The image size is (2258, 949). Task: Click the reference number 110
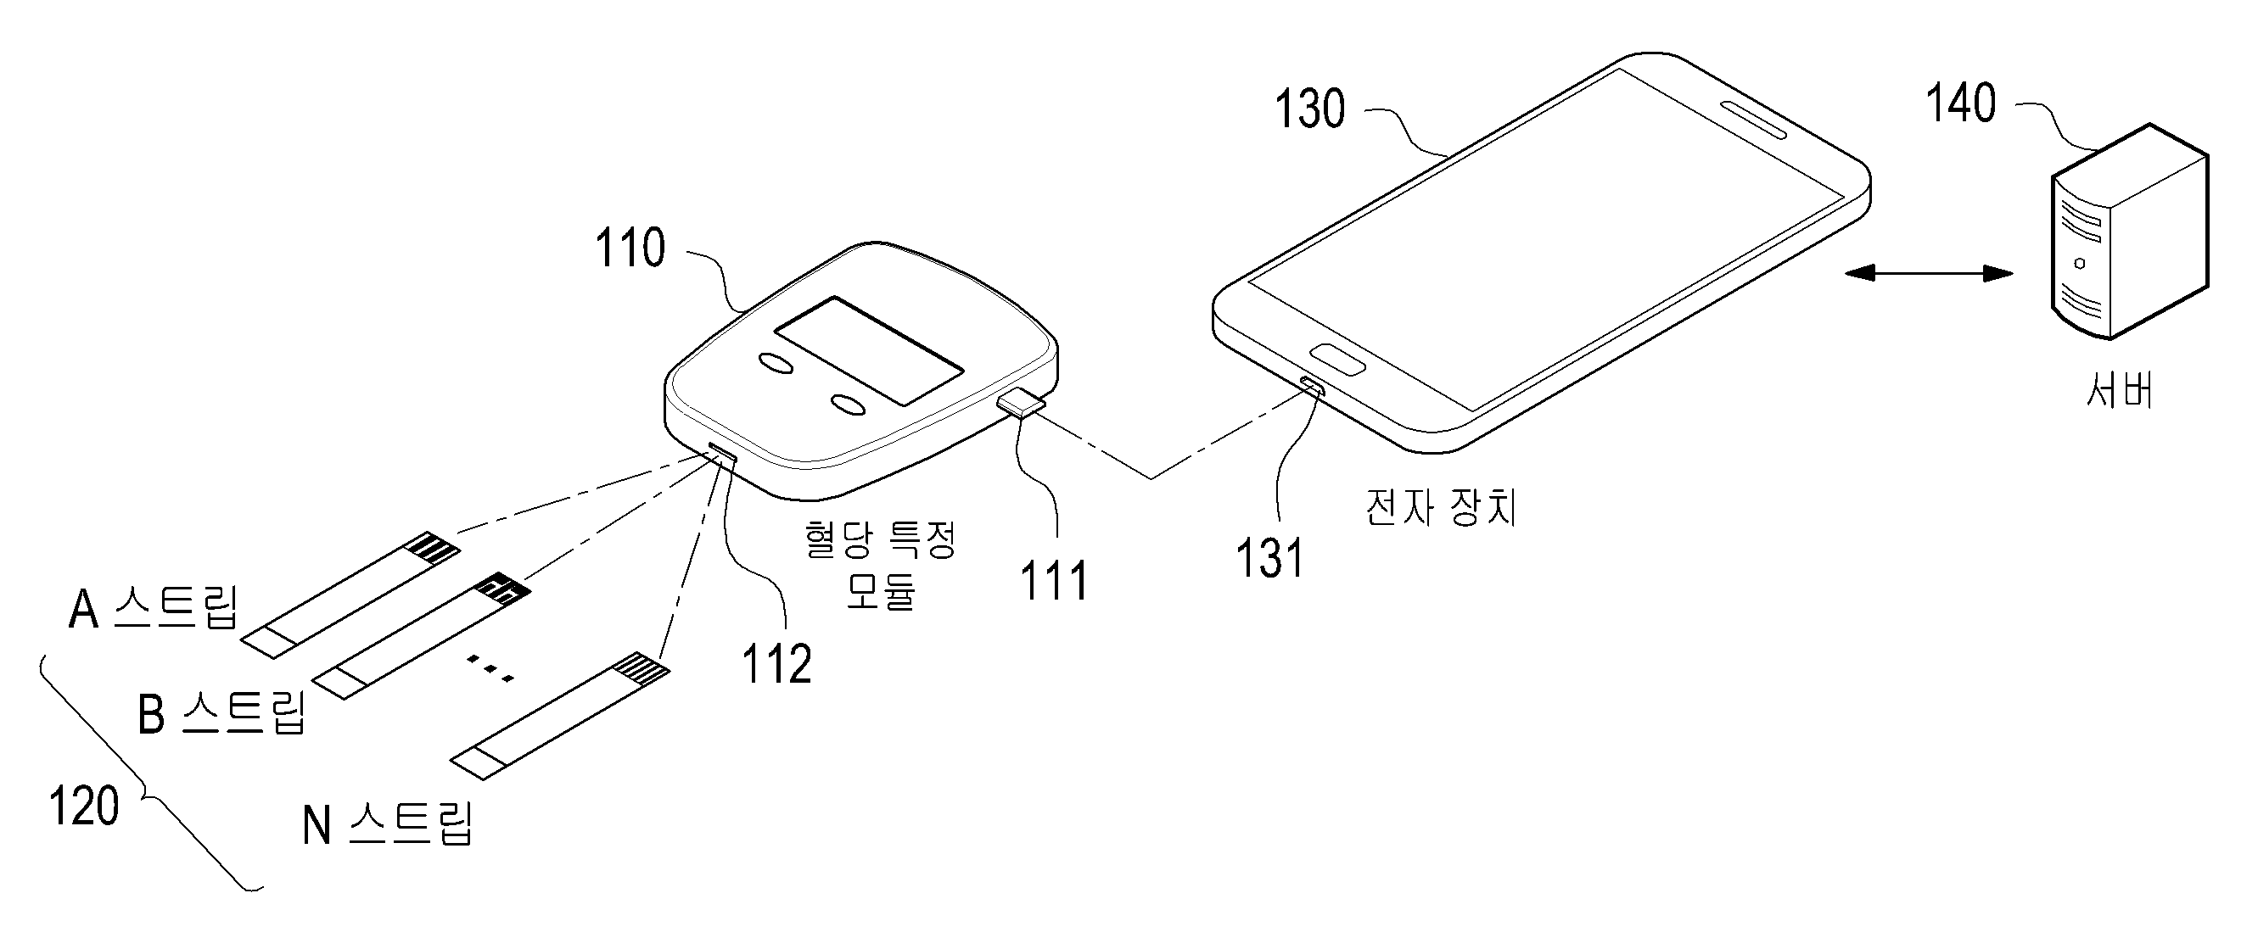pos(630,248)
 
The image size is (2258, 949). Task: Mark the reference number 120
pos(84,807)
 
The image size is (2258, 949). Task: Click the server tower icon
pos(2128,232)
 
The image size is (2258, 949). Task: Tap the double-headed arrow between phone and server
pos(1929,273)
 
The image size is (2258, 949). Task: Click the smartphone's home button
pos(1337,360)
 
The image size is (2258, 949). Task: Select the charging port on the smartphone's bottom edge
pos(1312,385)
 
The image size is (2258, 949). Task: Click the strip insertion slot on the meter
pos(723,453)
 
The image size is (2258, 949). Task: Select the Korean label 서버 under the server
pos(2120,390)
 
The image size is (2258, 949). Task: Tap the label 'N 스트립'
pos(388,823)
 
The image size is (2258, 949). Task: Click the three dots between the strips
pos(489,668)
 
